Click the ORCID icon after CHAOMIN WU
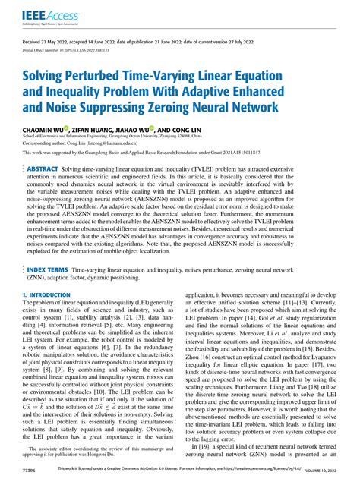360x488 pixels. pyautogui.click(x=68, y=129)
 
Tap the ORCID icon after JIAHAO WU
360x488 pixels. pyautogui.click(x=153, y=129)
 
